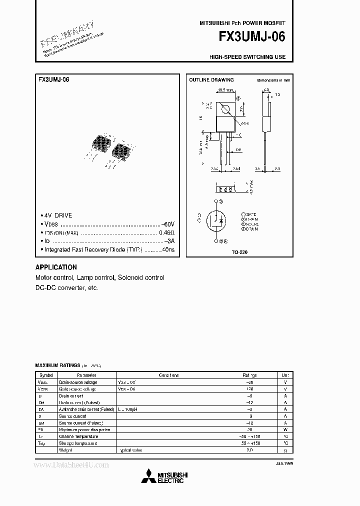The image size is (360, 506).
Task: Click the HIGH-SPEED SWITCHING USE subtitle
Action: tap(247, 57)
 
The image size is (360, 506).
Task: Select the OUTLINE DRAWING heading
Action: tap(211, 80)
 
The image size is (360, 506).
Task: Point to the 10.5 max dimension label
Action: tap(224, 90)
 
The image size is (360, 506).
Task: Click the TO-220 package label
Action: tap(239, 251)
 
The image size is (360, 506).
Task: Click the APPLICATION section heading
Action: tap(56, 267)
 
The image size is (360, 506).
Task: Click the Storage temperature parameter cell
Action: tap(78, 443)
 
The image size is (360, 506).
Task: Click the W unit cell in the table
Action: tap(285, 429)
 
